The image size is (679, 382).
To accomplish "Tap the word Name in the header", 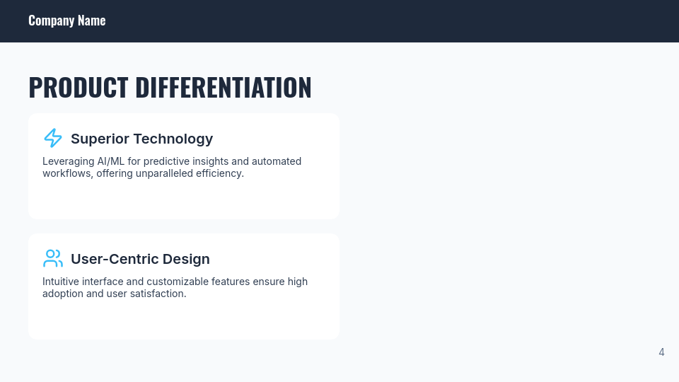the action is coord(92,21).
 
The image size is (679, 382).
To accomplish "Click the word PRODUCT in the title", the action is coord(79,87).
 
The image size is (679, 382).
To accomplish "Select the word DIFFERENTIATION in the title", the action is coord(224,87).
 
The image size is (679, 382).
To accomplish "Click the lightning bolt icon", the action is coord(53,138).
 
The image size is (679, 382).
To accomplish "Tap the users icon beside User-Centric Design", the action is coord(53,259).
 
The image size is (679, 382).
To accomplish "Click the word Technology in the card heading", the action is coord(173,139).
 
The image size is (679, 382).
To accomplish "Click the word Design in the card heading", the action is coord(187,260).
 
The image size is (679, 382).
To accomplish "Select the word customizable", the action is coord(178,282).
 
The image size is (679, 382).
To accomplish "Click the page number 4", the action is coord(662,352).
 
